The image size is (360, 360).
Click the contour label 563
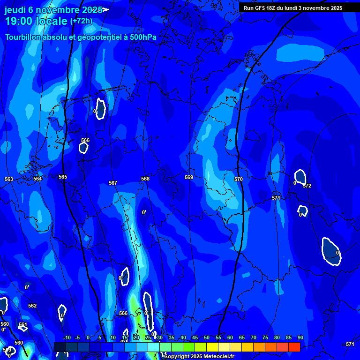point(9,180)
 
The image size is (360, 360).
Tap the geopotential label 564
point(37,179)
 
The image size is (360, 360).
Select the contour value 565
point(63,177)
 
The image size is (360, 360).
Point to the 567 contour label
point(112,183)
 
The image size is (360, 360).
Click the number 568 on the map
point(145,179)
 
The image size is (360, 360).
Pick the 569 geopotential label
point(189,177)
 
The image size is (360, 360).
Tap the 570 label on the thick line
point(239,179)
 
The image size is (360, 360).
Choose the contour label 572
point(307,186)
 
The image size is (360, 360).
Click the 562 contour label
point(32,306)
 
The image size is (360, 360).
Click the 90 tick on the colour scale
point(300,337)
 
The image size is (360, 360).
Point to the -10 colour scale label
point(67,337)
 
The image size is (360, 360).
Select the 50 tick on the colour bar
point(207,337)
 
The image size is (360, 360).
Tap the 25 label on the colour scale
point(148,337)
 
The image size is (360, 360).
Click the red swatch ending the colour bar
point(294,347)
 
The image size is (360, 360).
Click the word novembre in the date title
point(60,10)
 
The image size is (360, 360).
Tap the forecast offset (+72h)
point(81,21)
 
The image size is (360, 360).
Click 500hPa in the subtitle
point(140,37)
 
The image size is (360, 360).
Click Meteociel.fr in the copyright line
point(218,357)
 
